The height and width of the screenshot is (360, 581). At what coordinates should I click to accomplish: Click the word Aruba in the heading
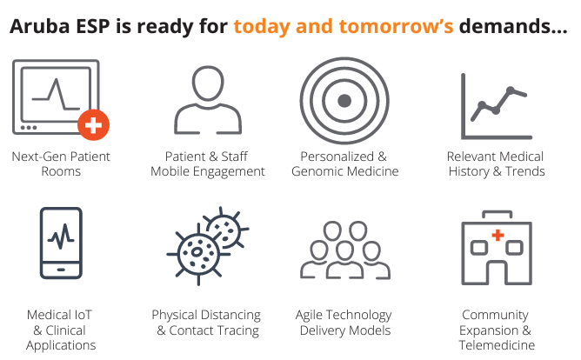click(40, 27)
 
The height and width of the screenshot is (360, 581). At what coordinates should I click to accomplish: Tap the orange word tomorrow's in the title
click(396, 27)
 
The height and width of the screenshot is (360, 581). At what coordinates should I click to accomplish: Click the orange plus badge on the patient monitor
click(93, 125)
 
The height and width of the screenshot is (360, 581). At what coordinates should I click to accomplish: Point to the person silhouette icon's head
click(208, 83)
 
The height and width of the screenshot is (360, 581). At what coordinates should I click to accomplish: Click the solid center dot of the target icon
click(344, 100)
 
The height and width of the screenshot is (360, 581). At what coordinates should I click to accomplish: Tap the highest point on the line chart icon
click(511, 90)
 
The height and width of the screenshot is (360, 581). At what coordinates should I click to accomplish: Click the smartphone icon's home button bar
click(61, 270)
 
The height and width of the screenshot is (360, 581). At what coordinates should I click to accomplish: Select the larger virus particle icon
click(197, 254)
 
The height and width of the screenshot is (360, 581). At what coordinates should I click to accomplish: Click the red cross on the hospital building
click(498, 235)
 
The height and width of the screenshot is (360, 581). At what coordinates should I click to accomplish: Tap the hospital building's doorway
click(497, 274)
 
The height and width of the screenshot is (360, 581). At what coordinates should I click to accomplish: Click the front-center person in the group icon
click(344, 260)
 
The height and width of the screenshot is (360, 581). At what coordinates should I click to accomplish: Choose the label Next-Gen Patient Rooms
click(61, 163)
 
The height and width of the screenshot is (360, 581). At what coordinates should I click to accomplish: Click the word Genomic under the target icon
click(316, 171)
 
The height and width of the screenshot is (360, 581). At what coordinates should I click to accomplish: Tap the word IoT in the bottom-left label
click(83, 315)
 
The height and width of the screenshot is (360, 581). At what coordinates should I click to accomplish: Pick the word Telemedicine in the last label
click(497, 345)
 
